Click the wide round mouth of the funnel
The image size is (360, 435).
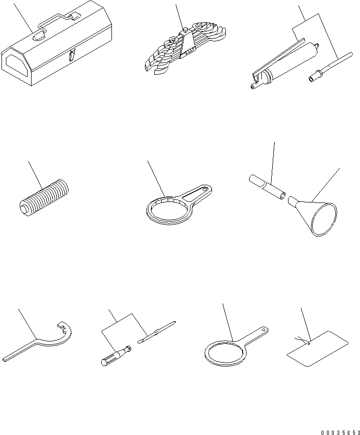pyautogui.click(x=324, y=220)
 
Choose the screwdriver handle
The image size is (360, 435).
pyautogui.click(x=114, y=356)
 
